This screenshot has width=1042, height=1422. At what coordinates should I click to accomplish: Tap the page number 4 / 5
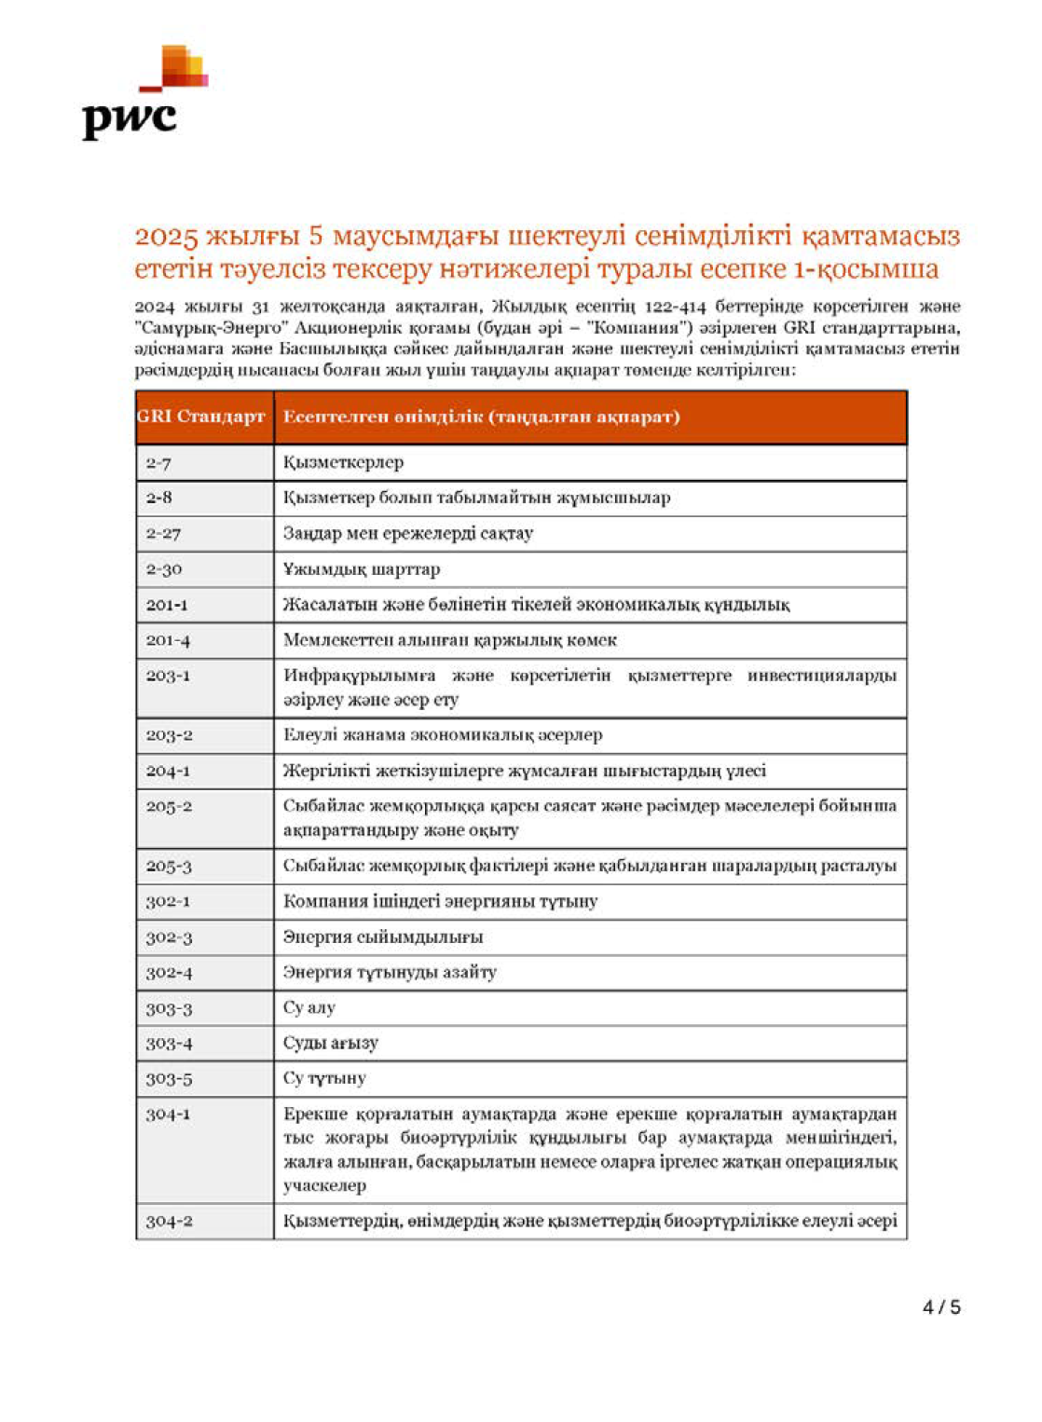pos(941,1307)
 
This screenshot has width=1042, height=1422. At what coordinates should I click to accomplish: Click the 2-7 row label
pos(158,463)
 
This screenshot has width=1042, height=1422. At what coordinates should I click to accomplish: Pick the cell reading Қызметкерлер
pos(343,462)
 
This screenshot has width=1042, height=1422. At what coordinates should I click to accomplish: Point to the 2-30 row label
pos(164,569)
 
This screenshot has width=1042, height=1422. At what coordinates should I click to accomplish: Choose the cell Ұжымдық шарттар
pos(362,568)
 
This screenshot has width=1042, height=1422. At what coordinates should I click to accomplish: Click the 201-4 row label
pos(168,640)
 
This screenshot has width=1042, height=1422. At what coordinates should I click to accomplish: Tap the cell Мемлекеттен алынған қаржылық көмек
pos(449,640)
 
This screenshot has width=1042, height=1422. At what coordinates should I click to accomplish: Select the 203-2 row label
pos(169,735)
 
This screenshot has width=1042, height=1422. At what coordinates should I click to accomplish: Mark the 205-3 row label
pos(169,867)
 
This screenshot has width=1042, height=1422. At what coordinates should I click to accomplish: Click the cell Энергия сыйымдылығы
pos(382,937)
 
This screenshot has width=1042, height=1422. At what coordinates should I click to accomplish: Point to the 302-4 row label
pos(169,973)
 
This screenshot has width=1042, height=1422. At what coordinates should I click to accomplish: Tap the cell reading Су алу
pos(309,1008)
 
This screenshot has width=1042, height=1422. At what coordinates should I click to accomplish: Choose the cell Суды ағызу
pos(331,1043)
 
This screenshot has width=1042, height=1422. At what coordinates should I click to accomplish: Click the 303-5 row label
pos(169,1079)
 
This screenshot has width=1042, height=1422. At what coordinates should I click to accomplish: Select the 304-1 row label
pos(168,1114)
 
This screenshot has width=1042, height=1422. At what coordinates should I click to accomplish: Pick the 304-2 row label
pos(169,1222)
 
